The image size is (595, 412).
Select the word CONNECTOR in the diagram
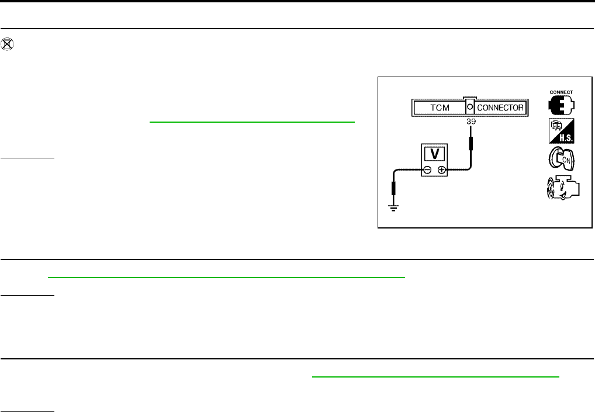pyautogui.click(x=500, y=108)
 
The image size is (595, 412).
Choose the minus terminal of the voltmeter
pyautogui.click(x=427, y=170)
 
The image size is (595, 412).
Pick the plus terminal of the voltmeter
pyautogui.click(x=442, y=170)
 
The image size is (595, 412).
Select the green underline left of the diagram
pyautogui.click(x=252, y=122)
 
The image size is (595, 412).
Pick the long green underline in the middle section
pyautogui.click(x=226, y=278)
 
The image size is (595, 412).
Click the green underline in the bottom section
pyautogui.click(x=435, y=376)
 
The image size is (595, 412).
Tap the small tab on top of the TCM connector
pyautogui.click(x=469, y=98)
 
